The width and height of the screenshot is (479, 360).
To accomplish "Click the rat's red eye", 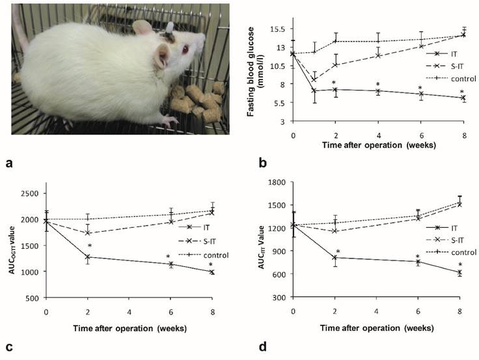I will [186, 49].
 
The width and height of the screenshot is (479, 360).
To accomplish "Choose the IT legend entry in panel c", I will [206, 227].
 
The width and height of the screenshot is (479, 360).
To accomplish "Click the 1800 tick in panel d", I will [275, 182].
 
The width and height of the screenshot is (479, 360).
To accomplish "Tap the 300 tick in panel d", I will [278, 297].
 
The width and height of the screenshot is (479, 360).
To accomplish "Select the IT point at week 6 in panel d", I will [418, 262].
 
